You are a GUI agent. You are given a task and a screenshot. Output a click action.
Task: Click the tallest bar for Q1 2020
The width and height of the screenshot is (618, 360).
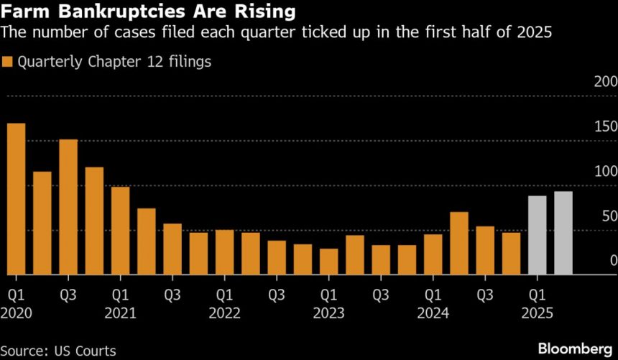coord(16,199)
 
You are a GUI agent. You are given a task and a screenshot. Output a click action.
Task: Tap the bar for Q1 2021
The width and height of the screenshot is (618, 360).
coord(121,231)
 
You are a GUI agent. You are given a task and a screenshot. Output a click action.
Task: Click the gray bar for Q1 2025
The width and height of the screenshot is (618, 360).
coord(538,235)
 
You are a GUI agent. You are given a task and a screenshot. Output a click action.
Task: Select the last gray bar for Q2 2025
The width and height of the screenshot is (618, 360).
coord(563,233)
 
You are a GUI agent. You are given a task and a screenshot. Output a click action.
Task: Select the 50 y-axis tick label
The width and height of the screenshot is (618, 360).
coord(608,216)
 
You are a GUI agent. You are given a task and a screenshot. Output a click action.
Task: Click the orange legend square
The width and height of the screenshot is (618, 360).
coord(8,62)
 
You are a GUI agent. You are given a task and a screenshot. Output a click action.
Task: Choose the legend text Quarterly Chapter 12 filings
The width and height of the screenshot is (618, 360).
coord(114,62)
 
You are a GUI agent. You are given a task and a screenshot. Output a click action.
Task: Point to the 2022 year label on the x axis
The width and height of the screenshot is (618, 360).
coord(226,313)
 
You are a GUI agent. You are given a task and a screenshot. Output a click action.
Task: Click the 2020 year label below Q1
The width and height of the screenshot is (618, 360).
coord(17,313)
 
